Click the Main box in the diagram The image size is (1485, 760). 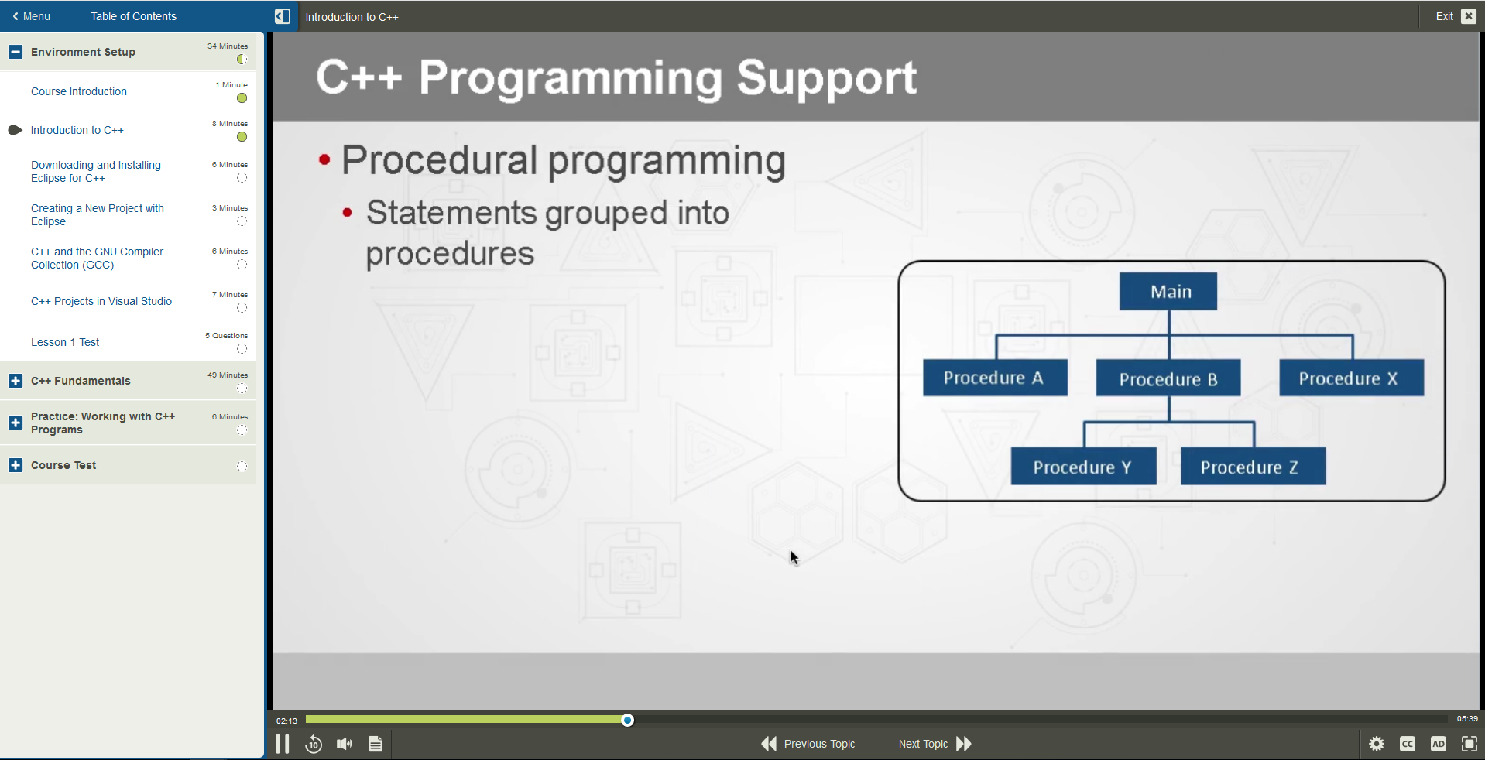1168,291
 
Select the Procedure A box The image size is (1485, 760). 995,378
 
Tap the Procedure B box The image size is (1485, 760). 1168,378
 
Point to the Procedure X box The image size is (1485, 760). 1350,378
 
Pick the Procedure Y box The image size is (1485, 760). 1082,467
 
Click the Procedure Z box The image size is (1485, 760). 1252,467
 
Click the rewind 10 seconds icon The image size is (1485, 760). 314,744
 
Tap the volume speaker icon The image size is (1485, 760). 345,744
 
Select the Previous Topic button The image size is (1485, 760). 808,744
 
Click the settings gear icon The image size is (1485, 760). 1376,744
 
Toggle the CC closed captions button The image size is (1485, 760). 1407,744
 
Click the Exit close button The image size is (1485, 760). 1468,16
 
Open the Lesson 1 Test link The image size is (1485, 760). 65,342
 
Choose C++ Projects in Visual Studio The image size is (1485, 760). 101,301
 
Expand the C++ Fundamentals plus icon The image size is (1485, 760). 15,381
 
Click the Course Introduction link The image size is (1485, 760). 79,91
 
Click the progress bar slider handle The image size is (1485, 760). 628,721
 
